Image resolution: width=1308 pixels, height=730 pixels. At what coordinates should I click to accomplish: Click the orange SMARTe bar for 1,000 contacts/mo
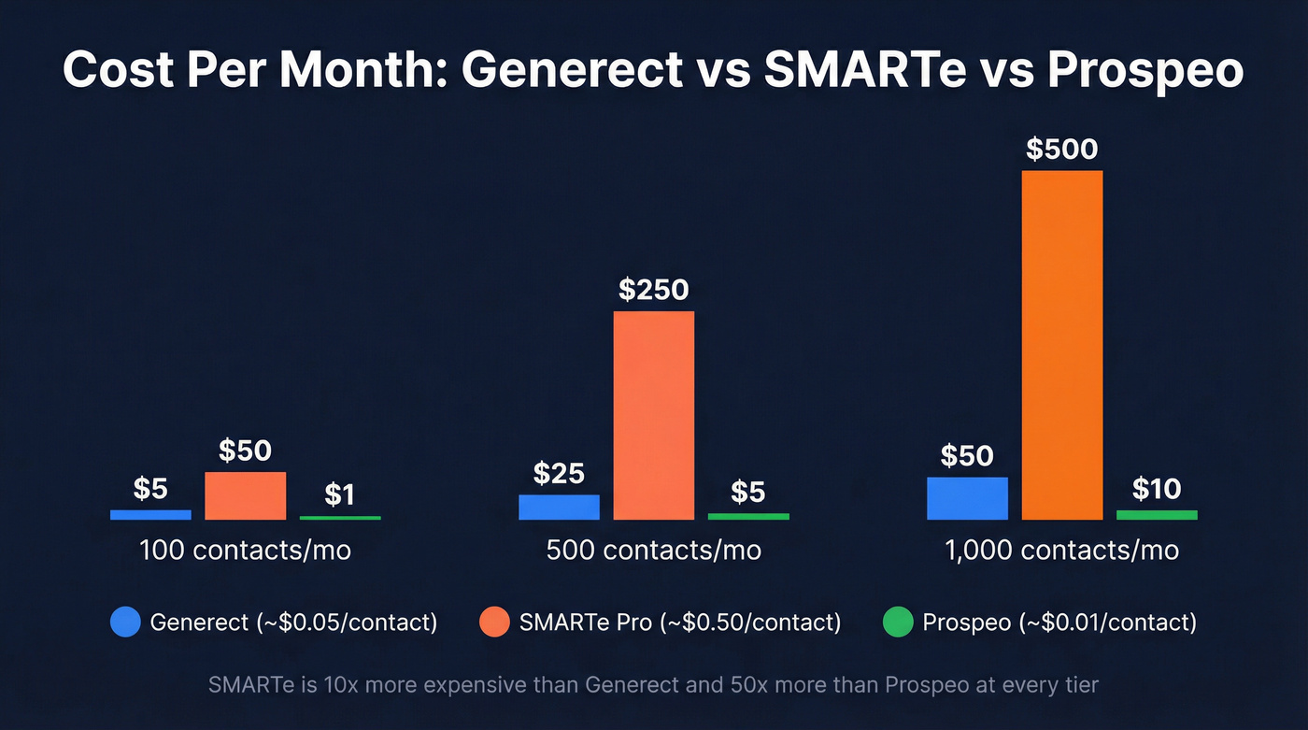click(x=1062, y=345)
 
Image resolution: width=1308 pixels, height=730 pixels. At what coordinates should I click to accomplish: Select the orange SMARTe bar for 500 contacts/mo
click(x=654, y=415)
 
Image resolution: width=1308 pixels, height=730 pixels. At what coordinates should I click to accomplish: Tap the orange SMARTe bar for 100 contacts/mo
click(x=245, y=495)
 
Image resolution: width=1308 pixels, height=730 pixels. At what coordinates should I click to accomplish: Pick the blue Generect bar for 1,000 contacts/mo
click(x=967, y=498)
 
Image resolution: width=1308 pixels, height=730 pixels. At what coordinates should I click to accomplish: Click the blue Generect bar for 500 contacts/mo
click(x=559, y=507)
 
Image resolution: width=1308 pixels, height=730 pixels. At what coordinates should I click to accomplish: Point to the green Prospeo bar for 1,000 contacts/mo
click(x=1157, y=515)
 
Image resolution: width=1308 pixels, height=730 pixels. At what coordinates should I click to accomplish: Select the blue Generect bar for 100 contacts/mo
click(x=150, y=514)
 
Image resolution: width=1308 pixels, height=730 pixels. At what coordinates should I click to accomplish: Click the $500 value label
click(x=1062, y=150)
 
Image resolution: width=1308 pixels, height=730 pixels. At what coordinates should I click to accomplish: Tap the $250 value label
click(x=654, y=290)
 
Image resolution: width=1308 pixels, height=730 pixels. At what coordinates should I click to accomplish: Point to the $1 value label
click(x=340, y=494)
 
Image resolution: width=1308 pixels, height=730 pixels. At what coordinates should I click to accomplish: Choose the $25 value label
click(x=559, y=473)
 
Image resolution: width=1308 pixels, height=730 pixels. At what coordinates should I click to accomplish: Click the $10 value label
click(x=1157, y=488)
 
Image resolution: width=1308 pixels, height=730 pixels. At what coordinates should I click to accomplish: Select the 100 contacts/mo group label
click(x=245, y=550)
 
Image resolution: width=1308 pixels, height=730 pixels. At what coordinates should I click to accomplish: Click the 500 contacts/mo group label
click(x=654, y=550)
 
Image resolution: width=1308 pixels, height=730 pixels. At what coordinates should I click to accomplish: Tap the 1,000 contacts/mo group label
click(x=1062, y=550)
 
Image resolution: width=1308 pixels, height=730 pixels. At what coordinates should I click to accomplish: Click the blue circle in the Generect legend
click(x=125, y=622)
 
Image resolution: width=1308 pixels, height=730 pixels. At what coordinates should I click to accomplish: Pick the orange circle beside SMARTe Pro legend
click(x=494, y=622)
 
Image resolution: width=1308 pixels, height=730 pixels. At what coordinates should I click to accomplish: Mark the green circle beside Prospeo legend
click(x=898, y=622)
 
